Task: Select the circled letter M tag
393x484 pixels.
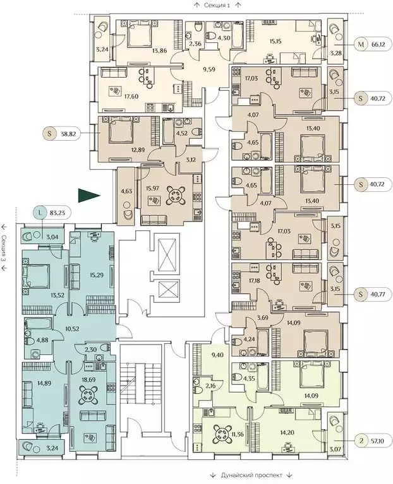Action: pyautogui.click(x=361, y=45)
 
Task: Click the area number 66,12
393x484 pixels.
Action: pyautogui.click(x=378, y=45)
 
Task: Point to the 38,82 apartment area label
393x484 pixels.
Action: pyautogui.click(x=66, y=134)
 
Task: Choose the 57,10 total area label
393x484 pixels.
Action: pyautogui.click(x=378, y=441)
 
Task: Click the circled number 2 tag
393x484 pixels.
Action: pyautogui.click(x=361, y=441)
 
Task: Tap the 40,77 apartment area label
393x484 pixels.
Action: pyautogui.click(x=378, y=294)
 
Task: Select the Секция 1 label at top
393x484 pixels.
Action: pyautogui.click(x=217, y=5)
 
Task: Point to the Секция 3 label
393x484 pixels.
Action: pyautogui.click(x=4, y=249)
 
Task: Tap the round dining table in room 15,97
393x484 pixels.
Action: pyautogui.click(x=176, y=196)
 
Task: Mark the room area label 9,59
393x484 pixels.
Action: pyautogui.click(x=209, y=69)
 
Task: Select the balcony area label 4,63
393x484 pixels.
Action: pyautogui.click(x=126, y=191)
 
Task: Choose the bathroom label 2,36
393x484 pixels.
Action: pyautogui.click(x=195, y=44)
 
